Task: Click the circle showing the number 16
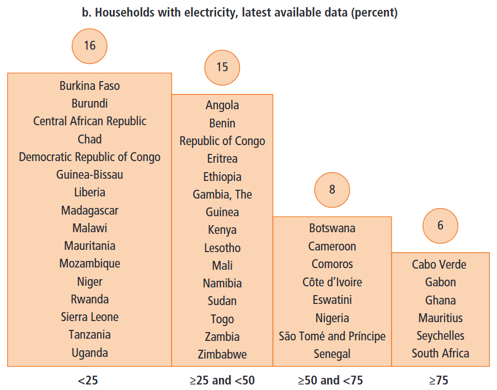point(89,46)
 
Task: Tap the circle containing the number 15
point(222,67)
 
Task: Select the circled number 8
point(332,190)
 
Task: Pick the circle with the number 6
point(440,226)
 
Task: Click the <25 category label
point(89,381)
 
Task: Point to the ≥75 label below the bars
point(440,381)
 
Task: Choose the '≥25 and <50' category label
point(222,381)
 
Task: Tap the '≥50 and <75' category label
point(330,381)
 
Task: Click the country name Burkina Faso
point(89,86)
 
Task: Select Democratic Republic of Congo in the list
point(89,157)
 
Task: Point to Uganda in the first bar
point(89,353)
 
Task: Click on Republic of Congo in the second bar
point(222,141)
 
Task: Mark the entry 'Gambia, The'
point(222,195)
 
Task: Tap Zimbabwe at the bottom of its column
point(222,355)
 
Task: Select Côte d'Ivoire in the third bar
point(332,282)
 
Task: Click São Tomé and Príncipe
point(332,336)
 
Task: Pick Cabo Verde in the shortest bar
point(439,265)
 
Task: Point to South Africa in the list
point(440,354)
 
